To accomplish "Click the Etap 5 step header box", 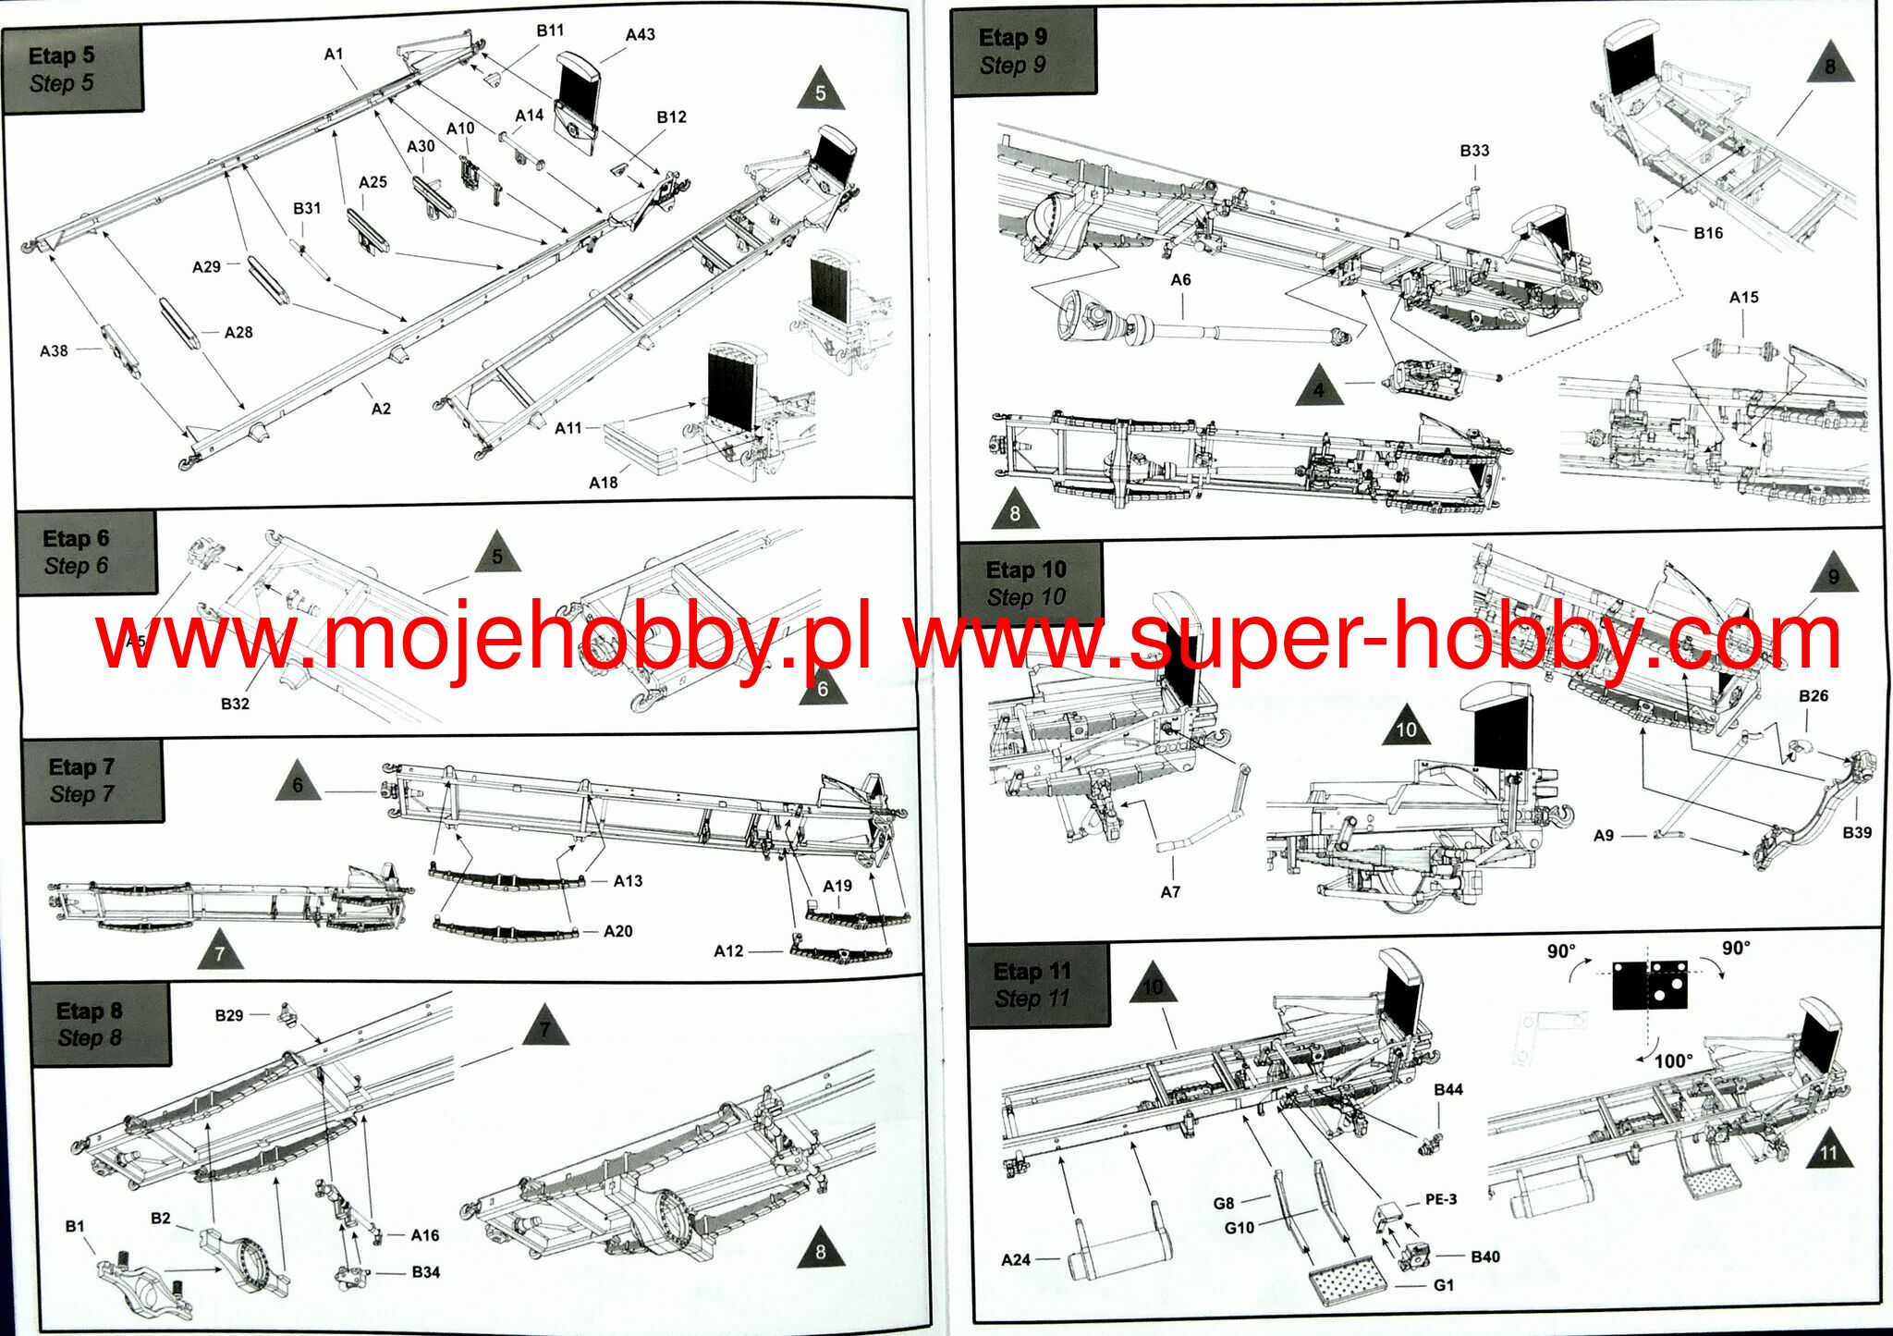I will point(72,69).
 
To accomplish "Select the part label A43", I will point(640,35).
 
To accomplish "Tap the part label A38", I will point(54,351).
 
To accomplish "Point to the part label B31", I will point(307,209).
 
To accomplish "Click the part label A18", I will point(603,483).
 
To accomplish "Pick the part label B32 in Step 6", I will point(235,704).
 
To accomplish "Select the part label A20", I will point(617,931).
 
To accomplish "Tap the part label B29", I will point(229,1015).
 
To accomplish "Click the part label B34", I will point(425,1272).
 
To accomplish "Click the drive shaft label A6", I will point(1180,280).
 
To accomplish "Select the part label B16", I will point(1708,233).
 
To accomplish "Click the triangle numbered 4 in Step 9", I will point(1319,388).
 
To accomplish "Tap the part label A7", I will point(1170,891).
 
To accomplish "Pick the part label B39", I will point(1856,832).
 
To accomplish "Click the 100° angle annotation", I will point(1673,1060).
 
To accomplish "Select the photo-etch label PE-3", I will point(1440,1199).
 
